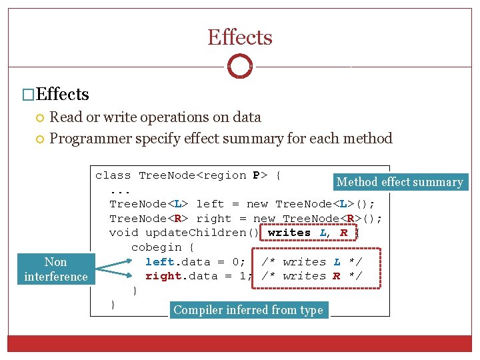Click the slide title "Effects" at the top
click(x=240, y=37)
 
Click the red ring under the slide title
click(x=240, y=66)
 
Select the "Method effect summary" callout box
click(x=399, y=182)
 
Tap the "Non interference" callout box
click(x=56, y=269)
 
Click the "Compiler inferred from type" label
click(x=248, y=310)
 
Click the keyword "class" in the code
click(x=113, y=175)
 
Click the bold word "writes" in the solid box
click(x=289, y=233)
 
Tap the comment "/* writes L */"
click(x=311, y=262)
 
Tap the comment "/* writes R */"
click(x=311, y=276)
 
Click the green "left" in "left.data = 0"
click(x=159, y=262)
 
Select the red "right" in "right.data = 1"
click(x=163, y=276)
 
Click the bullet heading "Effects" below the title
click(x=63, y=95)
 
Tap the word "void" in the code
click(x=123, y=233)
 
